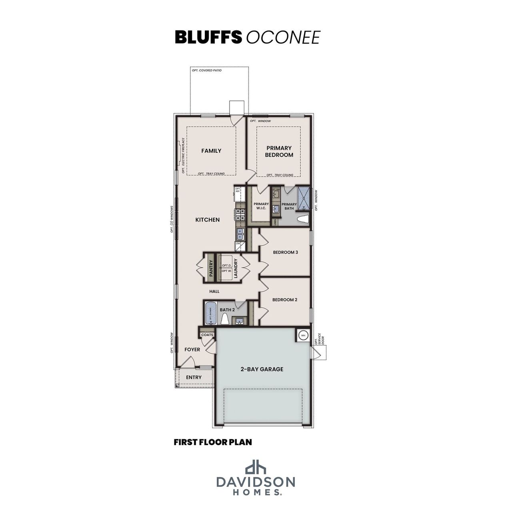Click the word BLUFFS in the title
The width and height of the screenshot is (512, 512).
[208, 37]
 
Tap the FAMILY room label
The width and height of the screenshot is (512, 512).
[211, 151]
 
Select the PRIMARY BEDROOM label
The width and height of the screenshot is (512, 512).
[279, 151]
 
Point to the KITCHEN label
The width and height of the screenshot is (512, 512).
[207, 220]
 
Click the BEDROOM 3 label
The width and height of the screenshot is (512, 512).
[285, 252]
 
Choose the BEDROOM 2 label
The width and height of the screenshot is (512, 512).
[285, 300]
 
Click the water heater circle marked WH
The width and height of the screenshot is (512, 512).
[303, 335]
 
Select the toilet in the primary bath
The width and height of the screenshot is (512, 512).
[304, 219]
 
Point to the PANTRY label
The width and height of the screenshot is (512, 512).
[211, 268]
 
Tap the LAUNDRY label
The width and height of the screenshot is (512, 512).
[236, 268]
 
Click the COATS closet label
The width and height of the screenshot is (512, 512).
[207, 335]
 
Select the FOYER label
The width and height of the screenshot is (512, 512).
[192, 350]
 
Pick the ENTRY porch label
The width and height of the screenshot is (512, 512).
[194, 377]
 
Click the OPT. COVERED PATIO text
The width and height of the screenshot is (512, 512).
[207, 70]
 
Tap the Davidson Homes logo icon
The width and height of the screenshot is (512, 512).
[256, 467]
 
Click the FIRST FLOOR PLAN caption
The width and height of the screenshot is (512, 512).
[213, 442]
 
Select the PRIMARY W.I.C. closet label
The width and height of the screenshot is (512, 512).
[261, 206]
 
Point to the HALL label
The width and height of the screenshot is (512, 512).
[214, 292]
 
